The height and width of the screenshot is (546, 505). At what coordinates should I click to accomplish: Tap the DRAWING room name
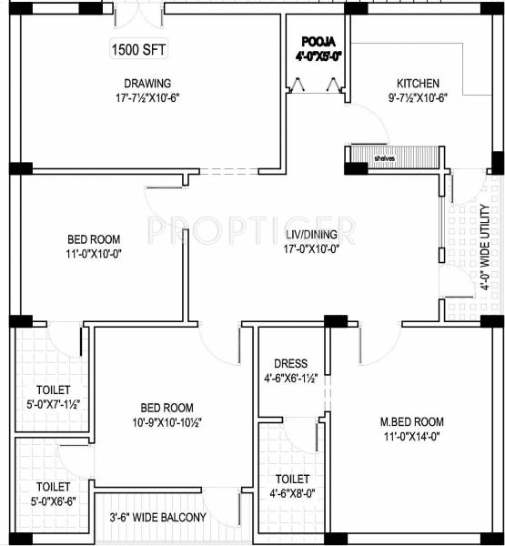pos(147,82)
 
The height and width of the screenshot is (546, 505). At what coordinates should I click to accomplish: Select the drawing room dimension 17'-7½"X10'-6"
pos(147,97)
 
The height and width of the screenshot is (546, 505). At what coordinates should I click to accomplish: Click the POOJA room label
pos(318,42)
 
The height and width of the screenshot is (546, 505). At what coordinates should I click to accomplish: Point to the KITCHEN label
pos(418,81)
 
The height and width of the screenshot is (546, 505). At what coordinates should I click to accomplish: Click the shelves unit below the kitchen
pos(373,156)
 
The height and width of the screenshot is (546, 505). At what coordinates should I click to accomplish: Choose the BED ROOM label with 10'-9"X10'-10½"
pos(166,407)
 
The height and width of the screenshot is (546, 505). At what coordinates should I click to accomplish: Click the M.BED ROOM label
pos(412,421)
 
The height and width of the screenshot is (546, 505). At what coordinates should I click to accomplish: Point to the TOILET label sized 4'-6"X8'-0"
pos(293,479)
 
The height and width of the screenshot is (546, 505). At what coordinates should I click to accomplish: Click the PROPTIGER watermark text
pos(252,225)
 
